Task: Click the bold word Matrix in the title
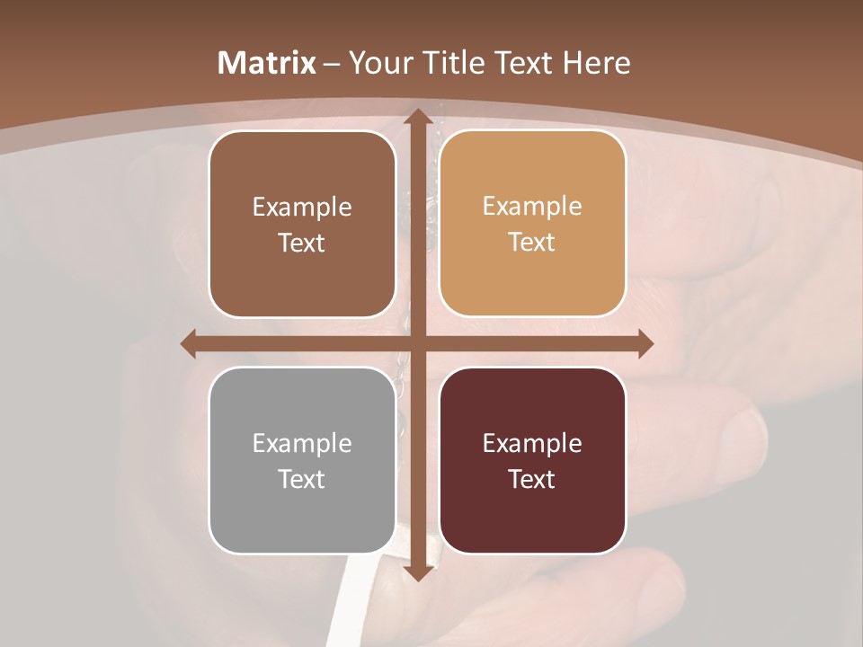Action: [267, 63]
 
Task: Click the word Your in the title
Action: [377, 63]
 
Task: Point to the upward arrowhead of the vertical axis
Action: [417, 117]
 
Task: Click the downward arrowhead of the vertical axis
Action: [417, 572]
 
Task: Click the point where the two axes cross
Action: [417, 344]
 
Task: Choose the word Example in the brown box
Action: [302, 208]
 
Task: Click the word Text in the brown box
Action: [302, 243]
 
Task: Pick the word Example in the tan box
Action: [532, 206]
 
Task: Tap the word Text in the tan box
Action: [532, 242]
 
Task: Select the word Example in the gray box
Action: [302, 443]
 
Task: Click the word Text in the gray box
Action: [302, 479]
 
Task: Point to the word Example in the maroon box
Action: [532, 443]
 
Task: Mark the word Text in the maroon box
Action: [532, 479]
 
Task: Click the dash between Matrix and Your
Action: [332, 64]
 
